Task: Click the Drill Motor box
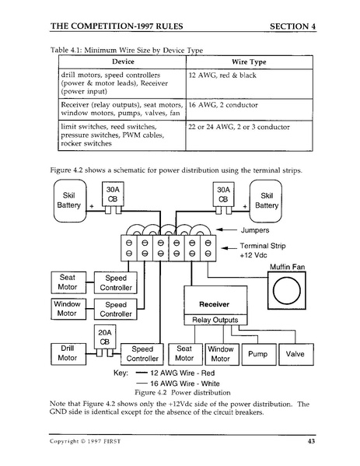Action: click(x=68, y=353)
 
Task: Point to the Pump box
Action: click(x=257, y=353)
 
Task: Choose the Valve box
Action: click(x=295, y=353)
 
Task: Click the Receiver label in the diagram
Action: click(x=214, y=303)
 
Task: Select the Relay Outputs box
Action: click(x=215, y=320)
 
